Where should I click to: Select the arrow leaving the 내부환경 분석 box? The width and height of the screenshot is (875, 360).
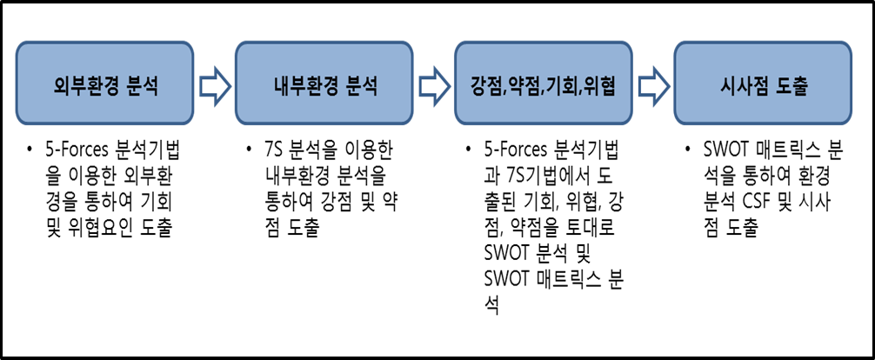(x=432, y=85)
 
